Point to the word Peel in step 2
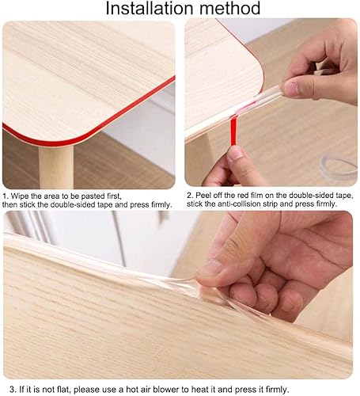pyautogui.click(x=205, y=195)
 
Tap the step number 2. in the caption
pyautogui.click(x=190, y=195)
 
